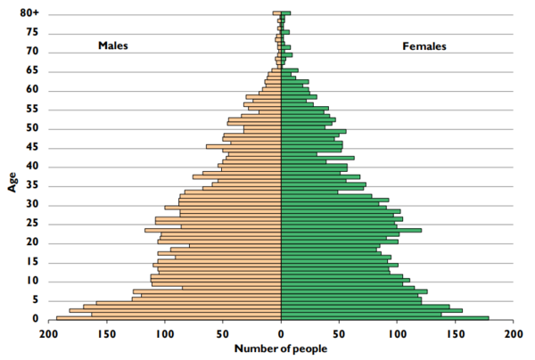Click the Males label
coord(114,45)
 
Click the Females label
coord(424,45)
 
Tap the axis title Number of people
coord(281,348)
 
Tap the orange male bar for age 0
coord(169,318)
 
